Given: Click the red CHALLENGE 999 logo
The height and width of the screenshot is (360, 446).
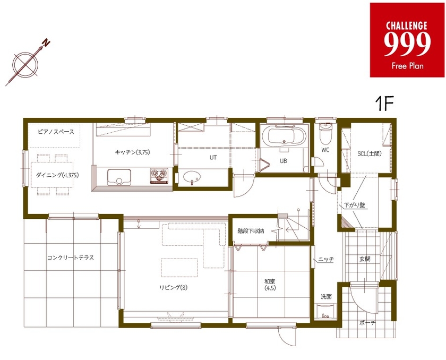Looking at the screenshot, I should pos(407,40).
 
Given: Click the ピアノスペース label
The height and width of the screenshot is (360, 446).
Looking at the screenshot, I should pos(56,131).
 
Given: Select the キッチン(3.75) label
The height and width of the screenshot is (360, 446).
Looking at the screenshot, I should pos(133,152).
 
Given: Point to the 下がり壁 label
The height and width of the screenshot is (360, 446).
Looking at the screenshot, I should pos(354,204).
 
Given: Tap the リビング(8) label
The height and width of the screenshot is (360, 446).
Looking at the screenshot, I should pos(173,288).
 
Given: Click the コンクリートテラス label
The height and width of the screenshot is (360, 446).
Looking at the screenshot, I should pos(71,258).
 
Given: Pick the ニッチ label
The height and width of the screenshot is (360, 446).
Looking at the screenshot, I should pos(325,260).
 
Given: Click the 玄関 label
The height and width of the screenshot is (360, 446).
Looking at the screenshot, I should pos(364,259).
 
